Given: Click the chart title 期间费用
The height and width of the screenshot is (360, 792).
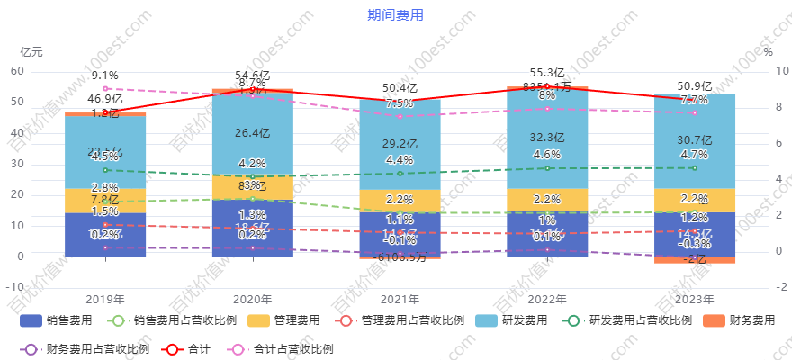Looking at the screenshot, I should pyautogui.click(x=395, y=15).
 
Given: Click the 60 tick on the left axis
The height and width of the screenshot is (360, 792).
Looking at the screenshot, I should pyautogui.click(x=17, y=71).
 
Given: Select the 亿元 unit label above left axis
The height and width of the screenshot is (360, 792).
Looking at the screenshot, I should pyautogui.click(x=31, y=52).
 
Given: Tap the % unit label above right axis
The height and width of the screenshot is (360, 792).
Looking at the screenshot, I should pyautogui.click(x=768, y=52).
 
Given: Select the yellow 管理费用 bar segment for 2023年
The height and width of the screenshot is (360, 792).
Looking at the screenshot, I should pyautogui.click(x=694, y=201).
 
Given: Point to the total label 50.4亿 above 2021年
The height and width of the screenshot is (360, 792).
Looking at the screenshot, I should pyautogui.click(x=400, y=88).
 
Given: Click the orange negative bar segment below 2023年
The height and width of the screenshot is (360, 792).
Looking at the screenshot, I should pyautogui.click(x=694, y=260).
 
